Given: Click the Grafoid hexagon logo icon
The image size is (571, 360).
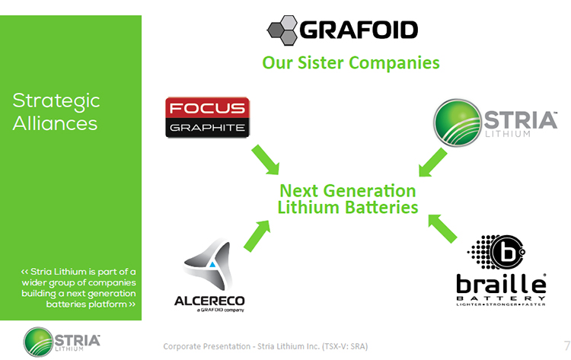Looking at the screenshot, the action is (282, 30).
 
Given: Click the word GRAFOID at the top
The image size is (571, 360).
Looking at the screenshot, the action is (359, 30).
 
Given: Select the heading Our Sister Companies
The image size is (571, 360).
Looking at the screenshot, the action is (351, 62).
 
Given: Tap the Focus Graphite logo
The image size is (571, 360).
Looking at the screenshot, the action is (208, 117).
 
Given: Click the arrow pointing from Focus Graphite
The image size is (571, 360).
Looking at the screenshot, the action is (266, 160).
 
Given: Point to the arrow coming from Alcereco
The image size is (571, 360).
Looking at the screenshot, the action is (257, 236).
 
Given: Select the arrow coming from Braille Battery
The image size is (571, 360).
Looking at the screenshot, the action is (442, 228).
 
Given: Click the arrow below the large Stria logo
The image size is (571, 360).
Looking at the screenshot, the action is (432, 162).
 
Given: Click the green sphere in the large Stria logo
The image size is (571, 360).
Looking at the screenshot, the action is (458, 123).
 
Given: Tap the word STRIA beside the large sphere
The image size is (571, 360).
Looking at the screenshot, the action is (521, 119).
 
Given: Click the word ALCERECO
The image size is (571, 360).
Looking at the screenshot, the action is (209, 301).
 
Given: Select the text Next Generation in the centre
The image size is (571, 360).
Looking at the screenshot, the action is (348, 191).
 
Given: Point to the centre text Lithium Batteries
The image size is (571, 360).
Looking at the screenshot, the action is (348, 207).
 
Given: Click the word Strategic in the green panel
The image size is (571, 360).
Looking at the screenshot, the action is (56, 101).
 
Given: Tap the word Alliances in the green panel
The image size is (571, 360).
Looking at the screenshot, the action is (55, 123).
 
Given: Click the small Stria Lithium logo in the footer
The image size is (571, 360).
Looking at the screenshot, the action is (62, 342).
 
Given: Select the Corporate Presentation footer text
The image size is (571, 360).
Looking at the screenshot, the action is (266, 346).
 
